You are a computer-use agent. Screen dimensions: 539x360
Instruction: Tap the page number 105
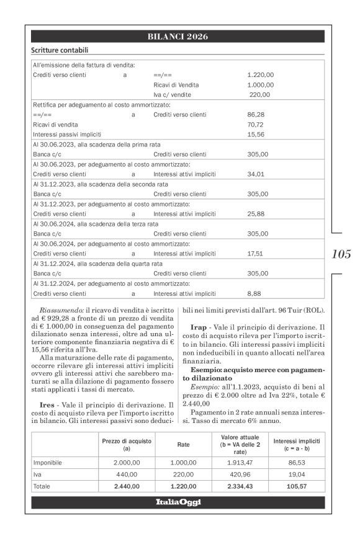pos(341,254)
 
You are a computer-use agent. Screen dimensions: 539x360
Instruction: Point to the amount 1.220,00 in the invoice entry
pos(260,74)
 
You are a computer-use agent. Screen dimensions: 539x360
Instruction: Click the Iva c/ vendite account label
pos(172,94)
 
